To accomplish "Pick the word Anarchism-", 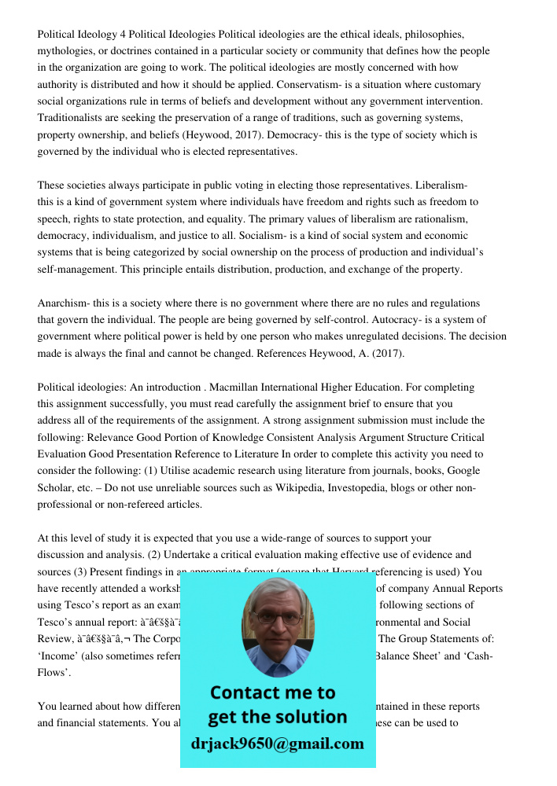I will click(66, 303).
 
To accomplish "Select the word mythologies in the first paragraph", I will click(66, 51).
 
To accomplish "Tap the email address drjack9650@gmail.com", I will click(278, 744).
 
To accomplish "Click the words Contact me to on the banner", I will click(272, 693).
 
